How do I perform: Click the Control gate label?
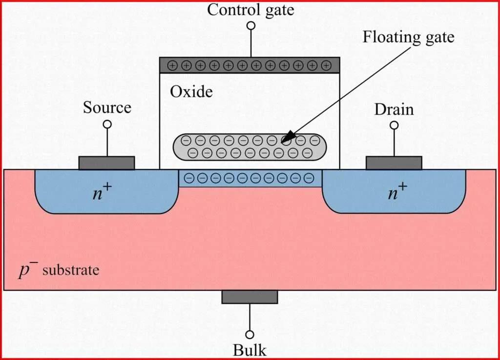[250, 10]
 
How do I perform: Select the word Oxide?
[191, 91]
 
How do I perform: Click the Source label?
[107, 107]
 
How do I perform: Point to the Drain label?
[394, 109]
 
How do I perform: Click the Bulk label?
[250, 350]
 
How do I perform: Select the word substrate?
[70, 270]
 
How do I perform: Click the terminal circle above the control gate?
[250, 25]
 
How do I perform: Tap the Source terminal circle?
[107, 124]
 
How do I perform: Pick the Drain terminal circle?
[394, 125]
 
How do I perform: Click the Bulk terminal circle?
[250, 334]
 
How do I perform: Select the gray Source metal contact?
[106, 163]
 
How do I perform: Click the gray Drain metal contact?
[394, 163]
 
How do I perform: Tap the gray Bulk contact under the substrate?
[250, 297]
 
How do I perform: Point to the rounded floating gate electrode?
[249, 147]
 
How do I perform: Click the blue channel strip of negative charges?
[250, 178]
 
